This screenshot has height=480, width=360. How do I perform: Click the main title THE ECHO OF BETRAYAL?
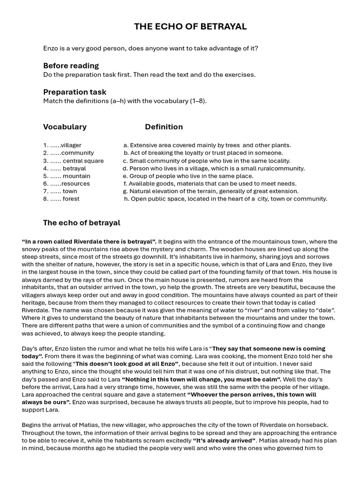coord(190,27)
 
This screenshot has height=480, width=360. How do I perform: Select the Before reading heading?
coord(71,66)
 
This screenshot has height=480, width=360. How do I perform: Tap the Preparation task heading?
coord(75,92)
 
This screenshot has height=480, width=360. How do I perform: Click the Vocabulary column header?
coord(65,127)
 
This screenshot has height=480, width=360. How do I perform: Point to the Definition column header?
coord(164,127)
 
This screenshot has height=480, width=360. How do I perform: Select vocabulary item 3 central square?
coord(74,161)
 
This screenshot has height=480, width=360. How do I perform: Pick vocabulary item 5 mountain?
coord(67,176)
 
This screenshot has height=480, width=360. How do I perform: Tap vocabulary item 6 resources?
coord(67,184)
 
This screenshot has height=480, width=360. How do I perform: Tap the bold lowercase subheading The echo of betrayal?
coord(82,223)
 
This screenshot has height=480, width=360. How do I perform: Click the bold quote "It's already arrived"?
coord(224,441)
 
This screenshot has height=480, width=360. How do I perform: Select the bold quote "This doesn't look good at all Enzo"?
coord(127,364)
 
